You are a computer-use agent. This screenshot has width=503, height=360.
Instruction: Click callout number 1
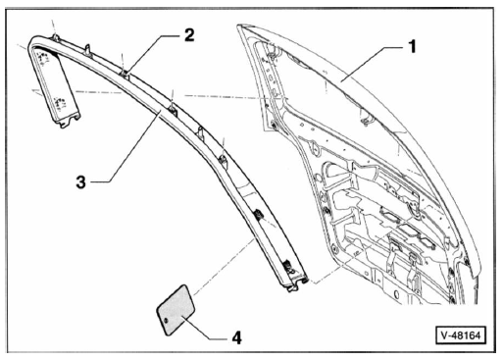(x=413, y=46)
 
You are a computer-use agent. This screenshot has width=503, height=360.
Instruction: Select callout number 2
(x=189, y=35)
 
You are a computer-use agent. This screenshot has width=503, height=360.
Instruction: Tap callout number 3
(x=81, y=182)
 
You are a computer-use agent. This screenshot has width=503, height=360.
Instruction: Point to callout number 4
(x=236, y=337)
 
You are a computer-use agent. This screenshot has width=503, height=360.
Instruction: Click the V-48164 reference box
(x=461, y=335)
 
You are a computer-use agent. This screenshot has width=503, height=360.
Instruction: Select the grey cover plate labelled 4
(x=176, y=310)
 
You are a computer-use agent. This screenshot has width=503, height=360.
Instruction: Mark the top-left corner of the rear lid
(x=239, y=26)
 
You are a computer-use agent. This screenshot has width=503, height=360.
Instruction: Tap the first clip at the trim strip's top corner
(x=56, y=37)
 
